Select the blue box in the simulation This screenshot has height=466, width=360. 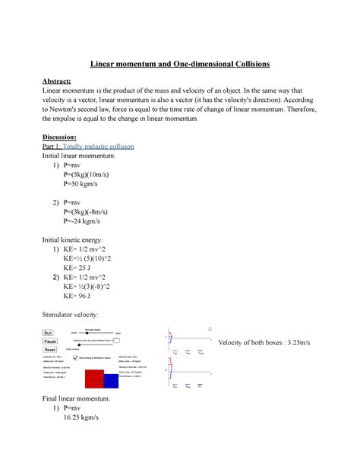pos(111,379)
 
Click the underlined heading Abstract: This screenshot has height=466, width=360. pos(62,82)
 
